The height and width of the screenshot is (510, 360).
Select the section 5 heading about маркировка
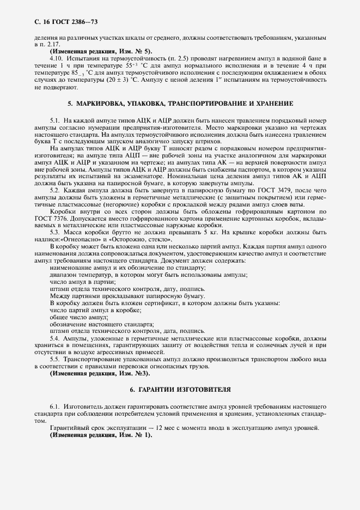tap(180, 103)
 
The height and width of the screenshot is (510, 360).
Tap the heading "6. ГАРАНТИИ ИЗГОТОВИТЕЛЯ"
tap(180, 390)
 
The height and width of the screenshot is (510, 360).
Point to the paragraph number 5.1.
tap(54, 119)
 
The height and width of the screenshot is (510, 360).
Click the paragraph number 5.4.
tap(54, 338)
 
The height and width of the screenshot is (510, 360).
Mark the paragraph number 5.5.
tap(54, 359)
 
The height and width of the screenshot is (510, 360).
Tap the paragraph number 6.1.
tap(54, 407)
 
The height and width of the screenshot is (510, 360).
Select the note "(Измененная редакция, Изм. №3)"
tap(100, 373)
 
